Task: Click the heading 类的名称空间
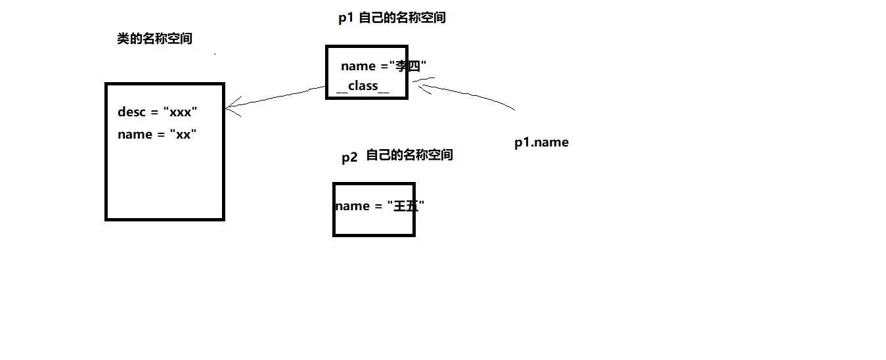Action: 154,39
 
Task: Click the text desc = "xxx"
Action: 158,112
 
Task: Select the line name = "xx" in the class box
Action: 158,134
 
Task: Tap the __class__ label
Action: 363,86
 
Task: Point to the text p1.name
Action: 541,143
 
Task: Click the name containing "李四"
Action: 384,66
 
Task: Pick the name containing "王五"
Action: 380,206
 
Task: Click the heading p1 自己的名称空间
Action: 392,18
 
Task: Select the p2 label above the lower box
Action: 349,157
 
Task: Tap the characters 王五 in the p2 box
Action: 406,206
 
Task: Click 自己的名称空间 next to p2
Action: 409,156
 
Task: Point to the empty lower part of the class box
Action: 164,184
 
